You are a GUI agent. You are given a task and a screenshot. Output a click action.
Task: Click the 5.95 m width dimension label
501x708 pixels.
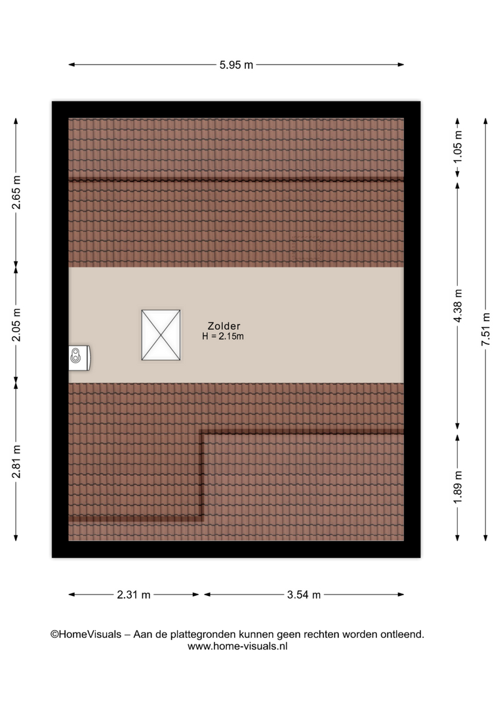tap(236, 65)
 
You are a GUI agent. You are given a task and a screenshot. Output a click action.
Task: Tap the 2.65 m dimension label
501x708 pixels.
tap(16, 193)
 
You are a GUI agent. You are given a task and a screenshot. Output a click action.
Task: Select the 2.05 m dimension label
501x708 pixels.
tap(16, 325)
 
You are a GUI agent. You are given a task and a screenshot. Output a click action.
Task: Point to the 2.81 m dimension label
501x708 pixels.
tap(16, 462)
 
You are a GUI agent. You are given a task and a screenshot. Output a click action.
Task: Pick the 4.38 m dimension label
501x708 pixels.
tap(458, 305)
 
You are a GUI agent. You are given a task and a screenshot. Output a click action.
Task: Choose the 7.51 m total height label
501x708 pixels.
tap(486, 330)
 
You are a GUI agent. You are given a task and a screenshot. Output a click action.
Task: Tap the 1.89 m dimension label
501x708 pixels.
tap(458, 488)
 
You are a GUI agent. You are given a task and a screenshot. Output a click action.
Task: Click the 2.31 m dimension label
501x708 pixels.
tap(134, 595)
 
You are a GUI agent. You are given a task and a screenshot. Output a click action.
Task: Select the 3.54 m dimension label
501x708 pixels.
tap(304, 595)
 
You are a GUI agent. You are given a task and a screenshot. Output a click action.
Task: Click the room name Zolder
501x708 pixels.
tap(224, 326)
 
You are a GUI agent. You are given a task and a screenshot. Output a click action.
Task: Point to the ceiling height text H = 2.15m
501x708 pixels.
tap(223, 336)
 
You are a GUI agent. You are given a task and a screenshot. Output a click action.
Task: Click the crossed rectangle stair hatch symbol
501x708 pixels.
tap(161, 335)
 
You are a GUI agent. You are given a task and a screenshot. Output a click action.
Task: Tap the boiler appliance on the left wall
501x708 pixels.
tap(79, 358)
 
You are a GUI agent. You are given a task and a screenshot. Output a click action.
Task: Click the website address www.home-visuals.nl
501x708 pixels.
tap(237, 646)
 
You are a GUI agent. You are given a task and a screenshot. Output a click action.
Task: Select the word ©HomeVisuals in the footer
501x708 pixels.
tap(86, 635)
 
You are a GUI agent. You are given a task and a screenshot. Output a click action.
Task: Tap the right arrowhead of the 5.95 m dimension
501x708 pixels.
tap(401, 64)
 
